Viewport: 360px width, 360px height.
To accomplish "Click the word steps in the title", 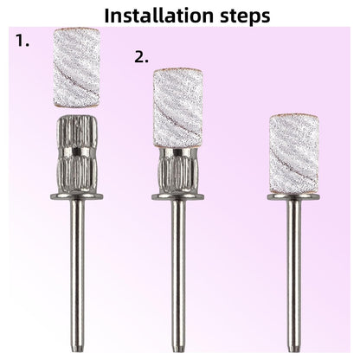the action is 246,16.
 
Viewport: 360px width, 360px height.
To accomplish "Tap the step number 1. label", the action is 22,41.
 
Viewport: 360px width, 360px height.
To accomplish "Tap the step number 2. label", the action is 142,56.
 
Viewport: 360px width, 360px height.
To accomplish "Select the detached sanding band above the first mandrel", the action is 77,68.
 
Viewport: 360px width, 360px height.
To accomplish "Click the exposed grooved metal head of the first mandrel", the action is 77,154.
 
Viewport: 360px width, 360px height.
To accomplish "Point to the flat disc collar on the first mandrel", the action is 77,196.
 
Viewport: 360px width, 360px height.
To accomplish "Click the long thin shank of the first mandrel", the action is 77,274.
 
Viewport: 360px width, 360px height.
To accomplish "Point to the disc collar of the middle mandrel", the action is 178,196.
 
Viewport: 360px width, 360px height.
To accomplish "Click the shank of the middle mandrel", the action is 178,274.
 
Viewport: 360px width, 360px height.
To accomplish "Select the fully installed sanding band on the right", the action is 294,154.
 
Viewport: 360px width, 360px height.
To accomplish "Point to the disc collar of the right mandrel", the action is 294,197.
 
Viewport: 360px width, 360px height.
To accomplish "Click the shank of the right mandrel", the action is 294,274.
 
